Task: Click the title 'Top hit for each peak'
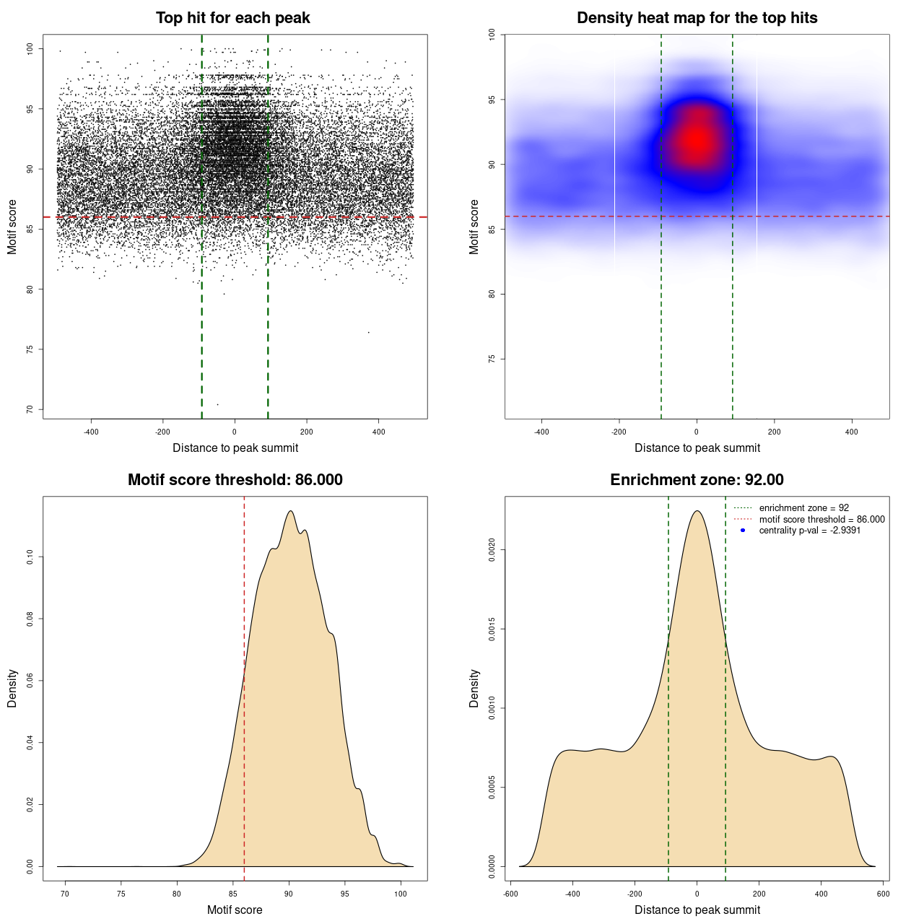pos(232,18)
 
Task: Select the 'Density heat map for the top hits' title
pos(697,18)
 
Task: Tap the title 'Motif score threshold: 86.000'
pos(235,480)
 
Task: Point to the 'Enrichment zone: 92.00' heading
pos(697,480)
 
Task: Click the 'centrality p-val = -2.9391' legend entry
pos(809,531)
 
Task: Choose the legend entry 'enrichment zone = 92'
pos(803,508)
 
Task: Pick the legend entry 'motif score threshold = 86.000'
pos(821,520)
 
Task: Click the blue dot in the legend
pos(743,531)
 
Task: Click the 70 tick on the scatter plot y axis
pos(30,409)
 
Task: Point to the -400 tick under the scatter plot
pos(91,432)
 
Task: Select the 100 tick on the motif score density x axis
pos(401,894)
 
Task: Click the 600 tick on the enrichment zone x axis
pos(883,894)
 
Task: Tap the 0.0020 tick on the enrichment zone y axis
pos(492,551)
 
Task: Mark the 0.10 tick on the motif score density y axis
pos(30,557)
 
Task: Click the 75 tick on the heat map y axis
pos(492,359)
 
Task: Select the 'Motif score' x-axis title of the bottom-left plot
pos(235,910)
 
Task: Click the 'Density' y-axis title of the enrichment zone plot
pos(474,688)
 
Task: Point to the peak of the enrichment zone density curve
pos(697,511)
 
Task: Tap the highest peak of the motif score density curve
pos(290,511)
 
